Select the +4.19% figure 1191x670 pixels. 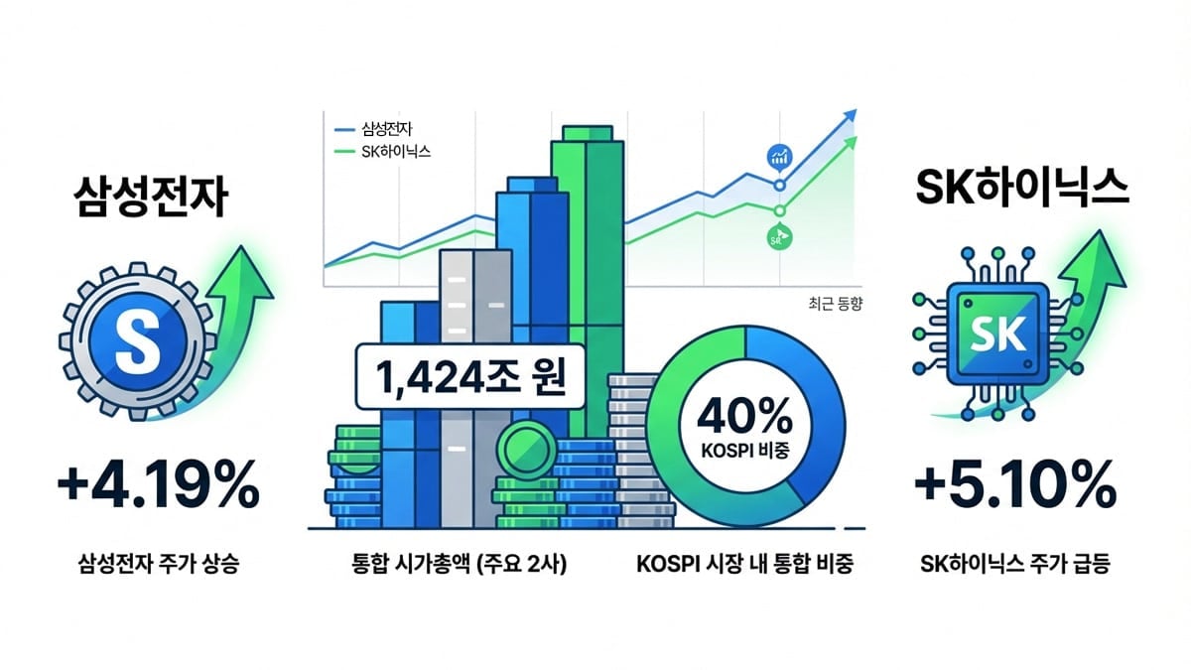point(158,486)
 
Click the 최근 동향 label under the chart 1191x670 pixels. point(823,305)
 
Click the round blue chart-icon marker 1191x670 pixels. point(779,156)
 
